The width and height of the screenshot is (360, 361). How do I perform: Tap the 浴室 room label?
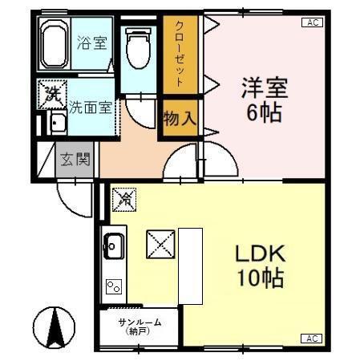pyautogui.click(x=93, y=43)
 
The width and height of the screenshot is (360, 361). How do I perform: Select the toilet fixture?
pyautogui.click(x=138, y=48)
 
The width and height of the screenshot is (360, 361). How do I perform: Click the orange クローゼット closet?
pyautogui.click(x=180, y=53)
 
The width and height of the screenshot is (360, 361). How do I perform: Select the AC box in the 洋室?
pyautogui.click(x=313, y=22)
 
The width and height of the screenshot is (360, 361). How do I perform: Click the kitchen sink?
pyautogui.click(x=113, y=245)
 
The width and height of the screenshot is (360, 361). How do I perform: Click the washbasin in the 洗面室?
pyautogui.click(x=57, y=124)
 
